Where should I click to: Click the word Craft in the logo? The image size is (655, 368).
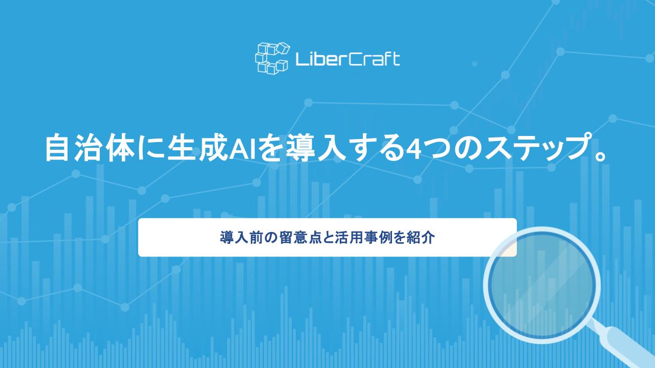[x=375, y=59]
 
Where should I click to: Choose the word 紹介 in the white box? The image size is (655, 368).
[x=423, y=238]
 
